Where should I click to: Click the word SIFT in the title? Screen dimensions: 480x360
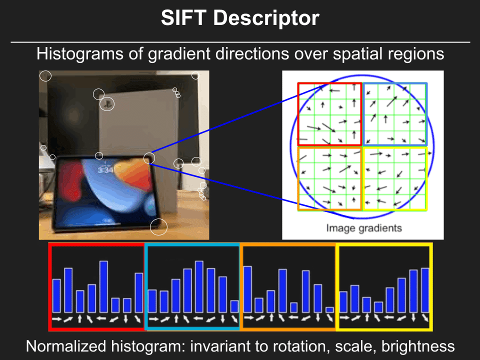click(x=183, y=18)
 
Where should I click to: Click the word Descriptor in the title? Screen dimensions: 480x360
click(x=266, y=18)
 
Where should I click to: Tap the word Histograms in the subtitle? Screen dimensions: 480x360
click(x=80, y=54)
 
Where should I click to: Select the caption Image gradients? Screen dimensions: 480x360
click(x=363, y=228)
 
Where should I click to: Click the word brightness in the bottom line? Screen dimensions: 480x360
click(x=418, y=346)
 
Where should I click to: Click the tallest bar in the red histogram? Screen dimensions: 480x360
click(x=104, y=286)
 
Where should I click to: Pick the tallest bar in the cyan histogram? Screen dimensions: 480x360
click(x=199, y=286)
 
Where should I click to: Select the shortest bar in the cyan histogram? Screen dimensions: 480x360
click(x=234, y=306)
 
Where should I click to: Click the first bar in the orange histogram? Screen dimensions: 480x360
click(x=247, y=289)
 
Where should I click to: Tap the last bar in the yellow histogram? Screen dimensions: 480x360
click(x=425, y=290)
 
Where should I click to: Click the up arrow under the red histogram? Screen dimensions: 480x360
click(x=79, y=318)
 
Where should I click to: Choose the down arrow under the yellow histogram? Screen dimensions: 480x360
click(x=413, y=317)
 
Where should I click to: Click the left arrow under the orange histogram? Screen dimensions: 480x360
click(x=293, y=317)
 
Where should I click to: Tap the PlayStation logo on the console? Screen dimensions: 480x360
click(x=107, y=104)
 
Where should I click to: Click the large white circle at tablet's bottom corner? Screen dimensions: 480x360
click(x=158, y=227)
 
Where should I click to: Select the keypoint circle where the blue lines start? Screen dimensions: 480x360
click(x=149, y=158)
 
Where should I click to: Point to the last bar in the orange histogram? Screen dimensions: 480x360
click(x=329, y=310)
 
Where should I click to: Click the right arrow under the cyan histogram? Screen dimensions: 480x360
click(x=154, y=319)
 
